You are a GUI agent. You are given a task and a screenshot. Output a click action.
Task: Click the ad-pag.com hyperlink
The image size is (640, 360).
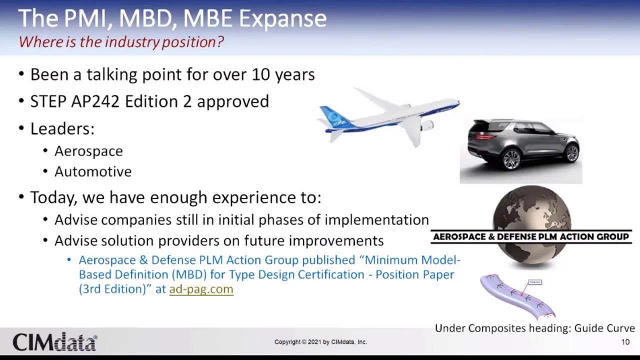pos(201,289)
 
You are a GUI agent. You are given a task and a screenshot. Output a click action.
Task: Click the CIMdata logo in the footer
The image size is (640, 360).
pos(54,342)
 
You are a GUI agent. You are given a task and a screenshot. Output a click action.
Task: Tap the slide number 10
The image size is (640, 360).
pos(625,342)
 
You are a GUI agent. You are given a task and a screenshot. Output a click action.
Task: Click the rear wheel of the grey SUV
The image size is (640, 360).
pos(511,159)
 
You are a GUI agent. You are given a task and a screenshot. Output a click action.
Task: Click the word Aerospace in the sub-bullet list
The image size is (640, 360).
pos(88,151)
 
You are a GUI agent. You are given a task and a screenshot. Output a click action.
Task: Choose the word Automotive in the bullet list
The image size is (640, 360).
pos(93,171)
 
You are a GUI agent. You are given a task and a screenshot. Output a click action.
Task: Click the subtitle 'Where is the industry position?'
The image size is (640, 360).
pos(121,42)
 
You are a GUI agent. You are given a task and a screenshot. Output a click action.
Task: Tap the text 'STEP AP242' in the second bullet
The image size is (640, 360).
pos(75,101)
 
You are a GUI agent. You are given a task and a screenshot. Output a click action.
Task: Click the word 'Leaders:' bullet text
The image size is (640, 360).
pos(62,128)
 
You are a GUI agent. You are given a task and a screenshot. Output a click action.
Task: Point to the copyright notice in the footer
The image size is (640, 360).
pos(320,342)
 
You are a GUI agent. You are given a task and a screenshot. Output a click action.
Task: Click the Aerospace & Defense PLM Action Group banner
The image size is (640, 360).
pos(530,236)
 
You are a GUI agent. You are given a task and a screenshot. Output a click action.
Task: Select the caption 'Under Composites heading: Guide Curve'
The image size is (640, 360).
pos(534,328)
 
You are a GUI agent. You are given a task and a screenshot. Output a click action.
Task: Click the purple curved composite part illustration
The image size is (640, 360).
pos(515,297)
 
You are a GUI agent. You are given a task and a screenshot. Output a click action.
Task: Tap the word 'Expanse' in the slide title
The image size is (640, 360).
pos(282,18)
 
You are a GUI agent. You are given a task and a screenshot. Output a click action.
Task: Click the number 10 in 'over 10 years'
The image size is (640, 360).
pos(260,74)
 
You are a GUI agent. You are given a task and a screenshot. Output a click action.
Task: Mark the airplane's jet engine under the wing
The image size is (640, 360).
pos(426,126)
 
